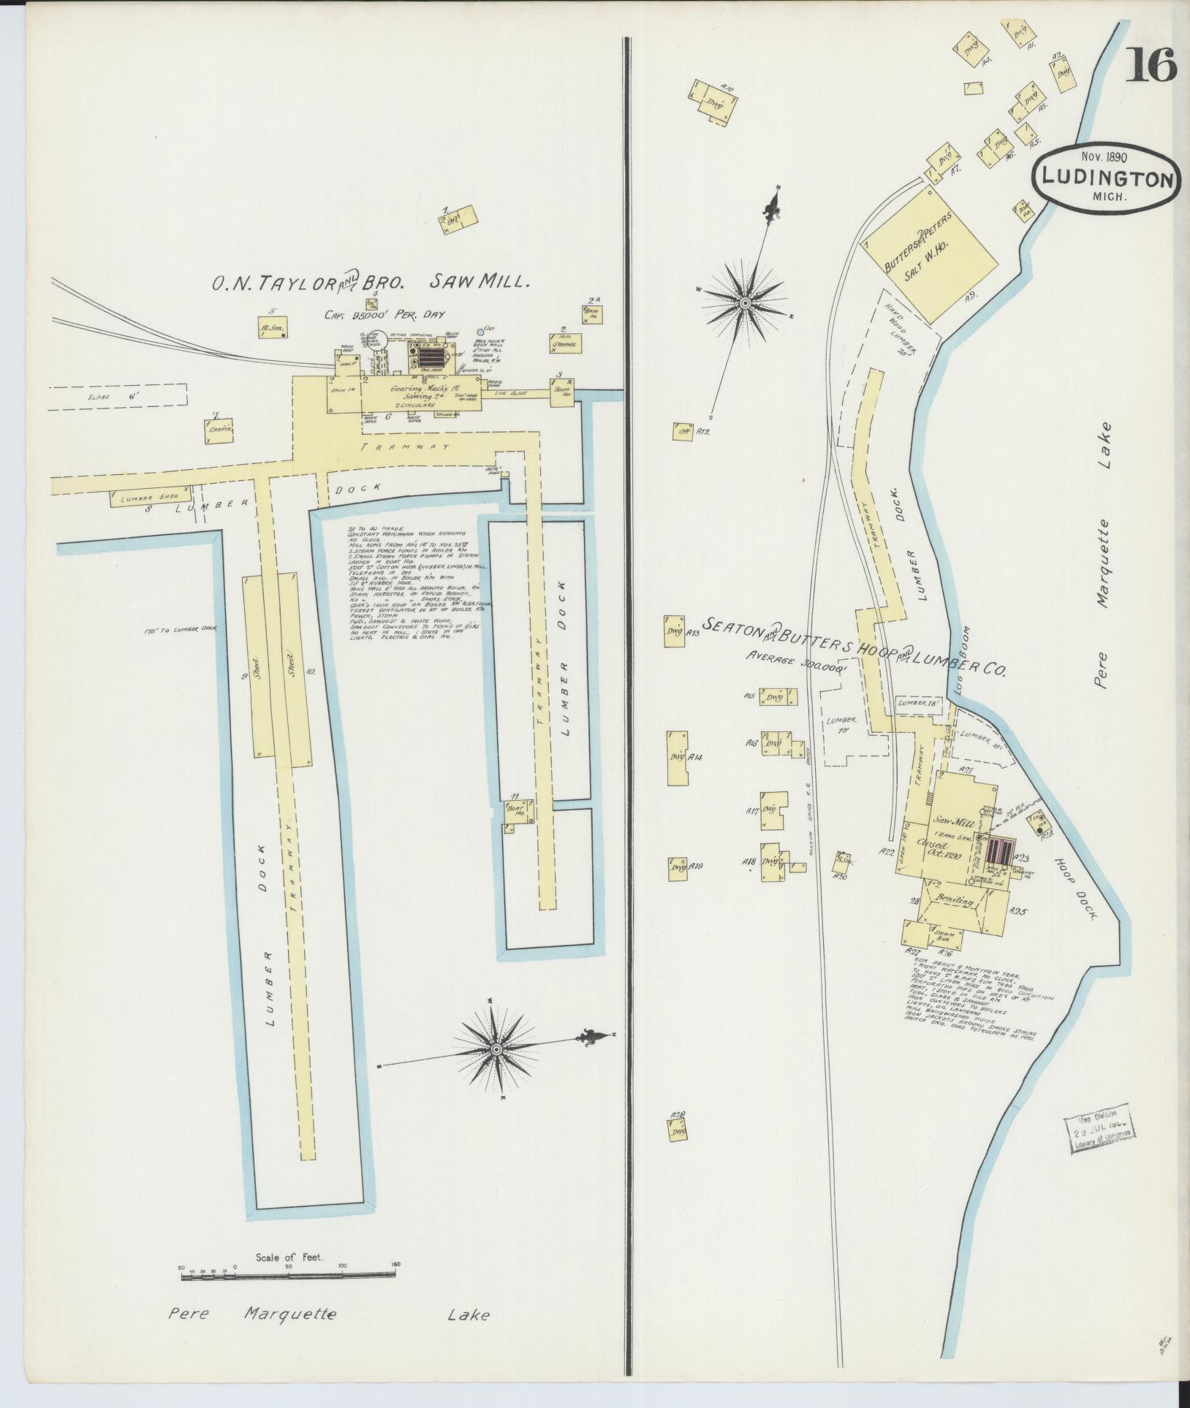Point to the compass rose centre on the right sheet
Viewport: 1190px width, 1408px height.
click(745, 302)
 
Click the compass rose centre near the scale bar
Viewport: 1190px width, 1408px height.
click(496, 1049)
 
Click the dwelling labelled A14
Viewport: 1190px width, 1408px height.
click(677, 757)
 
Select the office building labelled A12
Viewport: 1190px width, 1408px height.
click(683, 431)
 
